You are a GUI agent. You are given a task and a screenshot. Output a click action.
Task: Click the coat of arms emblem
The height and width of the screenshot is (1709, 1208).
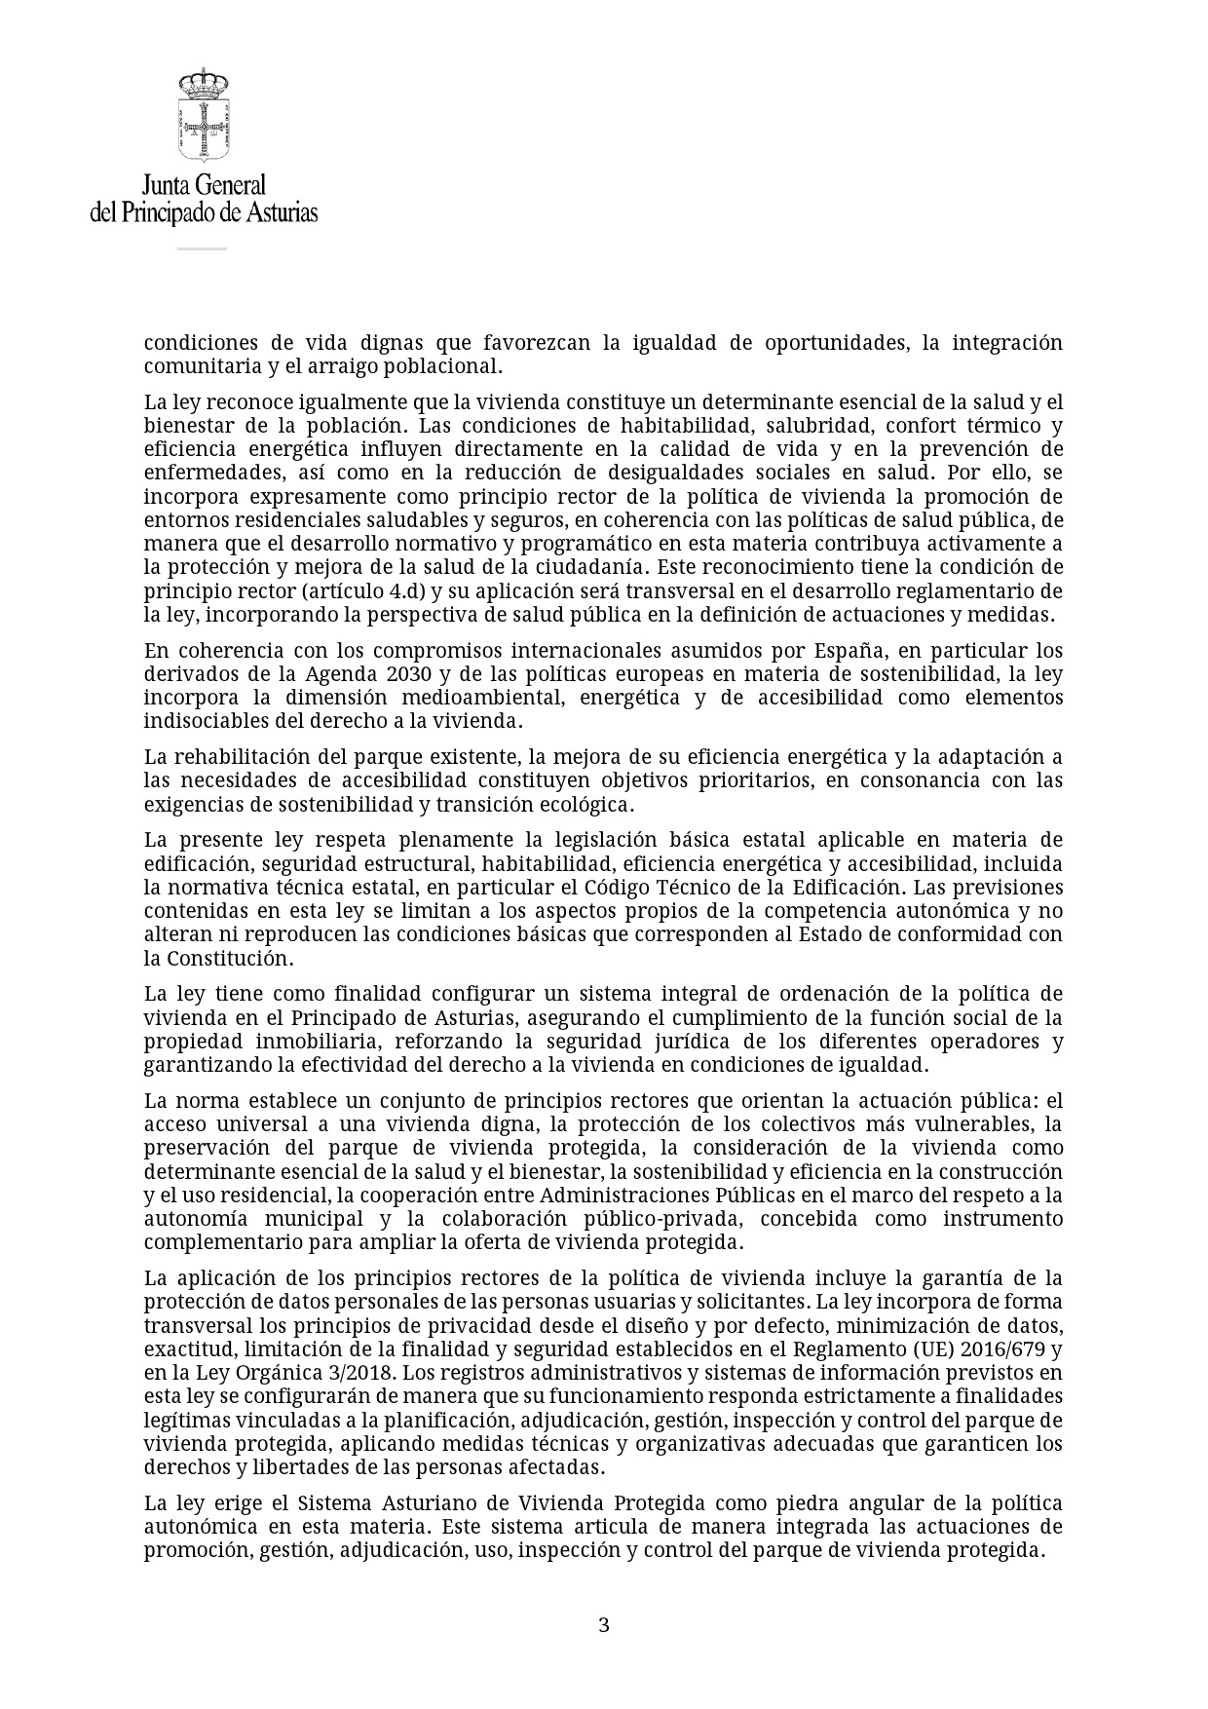coord(203,115)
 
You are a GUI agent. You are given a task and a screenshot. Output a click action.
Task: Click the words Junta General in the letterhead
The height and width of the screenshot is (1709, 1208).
coord(204,185)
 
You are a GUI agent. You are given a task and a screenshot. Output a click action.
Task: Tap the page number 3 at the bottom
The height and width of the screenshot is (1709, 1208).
coord(603,1625)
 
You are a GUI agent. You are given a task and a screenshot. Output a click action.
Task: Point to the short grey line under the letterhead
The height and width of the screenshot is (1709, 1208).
coord(202,248)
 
